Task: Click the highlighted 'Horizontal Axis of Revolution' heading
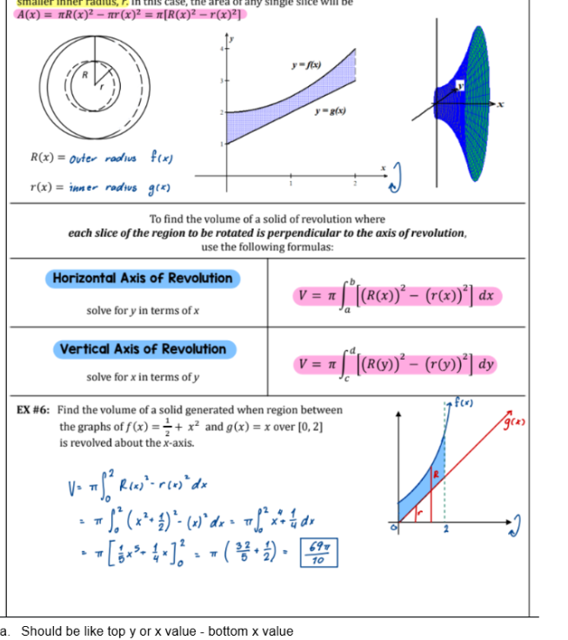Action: (x=143, y=279)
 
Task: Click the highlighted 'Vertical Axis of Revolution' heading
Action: (x=143, y=349)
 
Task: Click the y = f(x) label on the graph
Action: (x=306, y=65)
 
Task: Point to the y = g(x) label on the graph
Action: (x=331, y=113)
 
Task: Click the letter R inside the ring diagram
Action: (x=85, y=76)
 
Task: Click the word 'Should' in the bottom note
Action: (x=40, y=631)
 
